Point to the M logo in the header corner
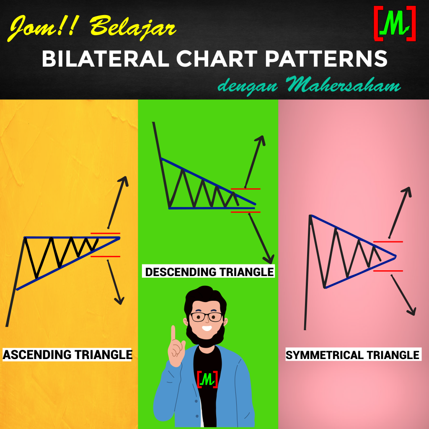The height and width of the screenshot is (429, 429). point(395,24)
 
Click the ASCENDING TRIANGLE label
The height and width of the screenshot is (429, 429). point(67,354)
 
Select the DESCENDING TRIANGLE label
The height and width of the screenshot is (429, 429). point(209,271)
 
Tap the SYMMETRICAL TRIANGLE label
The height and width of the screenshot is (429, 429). point(352,355)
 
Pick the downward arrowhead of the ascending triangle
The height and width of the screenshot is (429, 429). point(120,300)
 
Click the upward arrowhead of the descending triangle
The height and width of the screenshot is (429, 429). point(262,140)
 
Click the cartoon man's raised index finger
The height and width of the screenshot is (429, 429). point(173,333)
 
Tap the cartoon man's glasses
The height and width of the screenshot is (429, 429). point(206,316)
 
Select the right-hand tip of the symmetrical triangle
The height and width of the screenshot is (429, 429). point(395,256)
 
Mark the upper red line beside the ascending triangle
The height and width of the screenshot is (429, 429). point(105,233)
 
